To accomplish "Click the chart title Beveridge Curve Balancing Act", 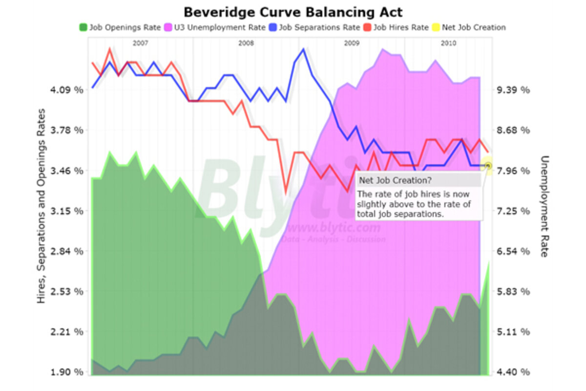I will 293,11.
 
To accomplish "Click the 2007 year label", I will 140,43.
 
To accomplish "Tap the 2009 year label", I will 352,43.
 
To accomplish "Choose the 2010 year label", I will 448,43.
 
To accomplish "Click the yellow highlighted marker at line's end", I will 486,166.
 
